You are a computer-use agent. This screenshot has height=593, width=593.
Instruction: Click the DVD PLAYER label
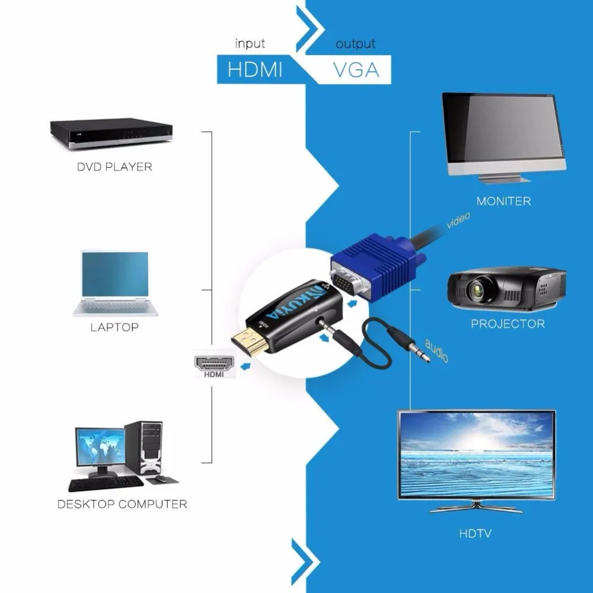114,167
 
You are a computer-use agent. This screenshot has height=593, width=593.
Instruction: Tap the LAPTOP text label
114,327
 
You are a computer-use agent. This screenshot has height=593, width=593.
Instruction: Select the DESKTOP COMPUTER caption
122,503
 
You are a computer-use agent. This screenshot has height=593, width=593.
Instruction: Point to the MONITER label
503,201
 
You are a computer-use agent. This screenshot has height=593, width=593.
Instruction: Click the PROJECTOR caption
508,324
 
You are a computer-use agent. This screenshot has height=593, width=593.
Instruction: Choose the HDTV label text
476,534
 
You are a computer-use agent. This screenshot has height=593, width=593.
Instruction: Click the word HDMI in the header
255,70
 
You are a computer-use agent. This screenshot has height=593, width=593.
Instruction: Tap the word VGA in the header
356,70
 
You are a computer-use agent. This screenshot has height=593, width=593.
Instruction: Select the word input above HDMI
250,43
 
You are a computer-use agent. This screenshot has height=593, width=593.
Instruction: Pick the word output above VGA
355,44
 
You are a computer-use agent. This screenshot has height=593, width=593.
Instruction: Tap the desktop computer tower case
144,448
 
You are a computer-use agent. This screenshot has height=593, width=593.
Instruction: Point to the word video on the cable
458,220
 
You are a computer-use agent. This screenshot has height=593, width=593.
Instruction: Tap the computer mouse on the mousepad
161,479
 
